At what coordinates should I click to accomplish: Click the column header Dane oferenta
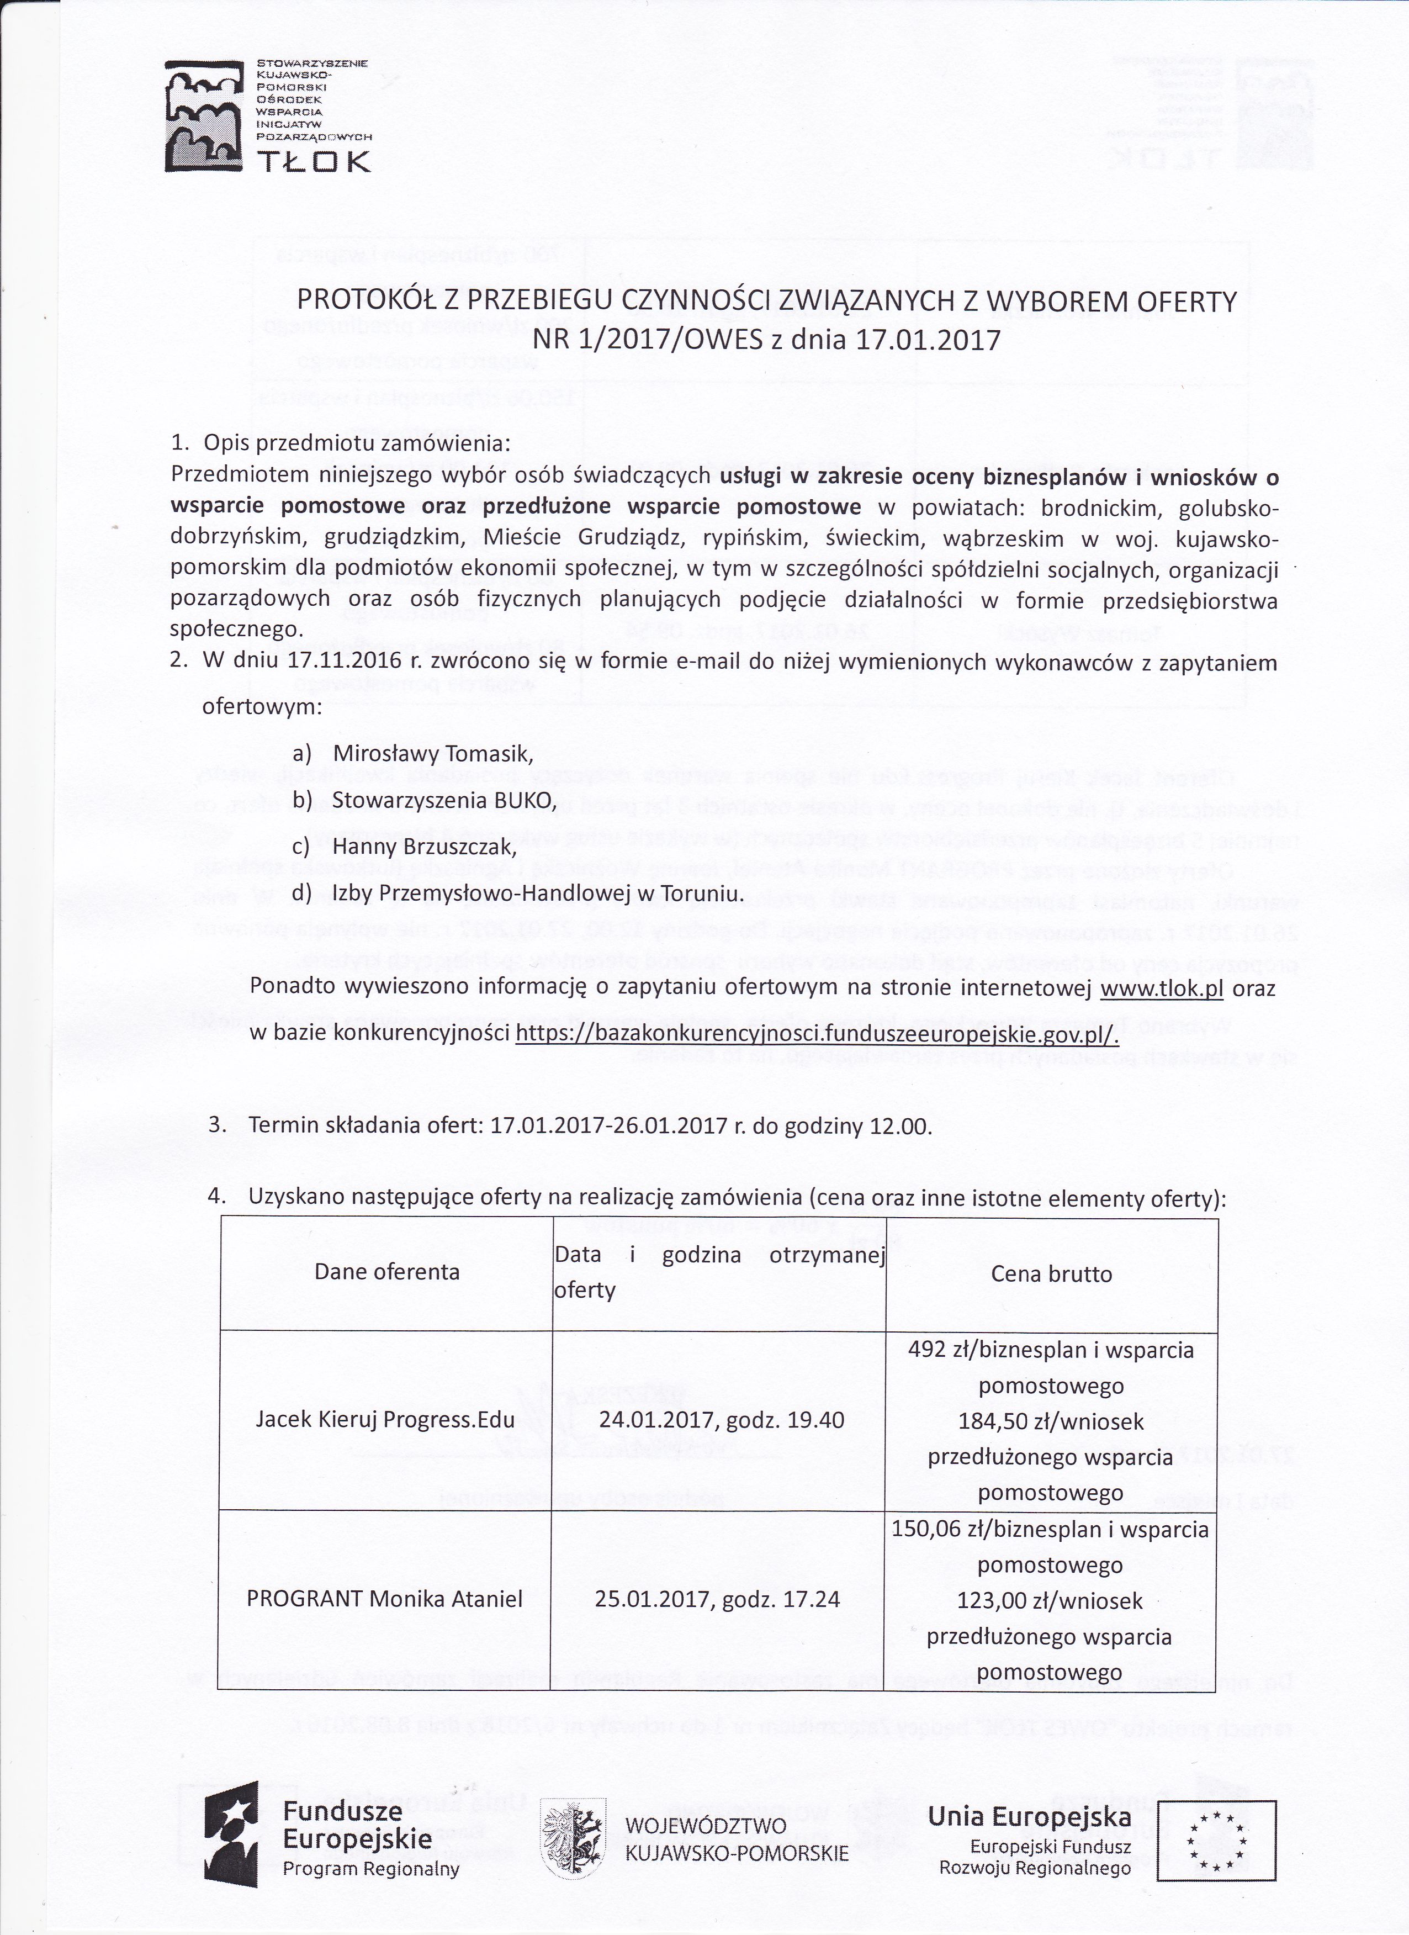[x=386, y=1272]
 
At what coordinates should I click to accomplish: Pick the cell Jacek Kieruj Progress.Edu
[x=385, y=1420]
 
